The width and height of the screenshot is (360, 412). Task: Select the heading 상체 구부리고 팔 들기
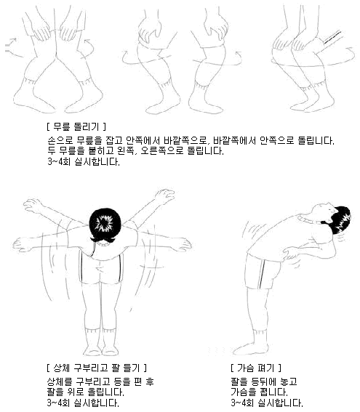click(x=97, y=368)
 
